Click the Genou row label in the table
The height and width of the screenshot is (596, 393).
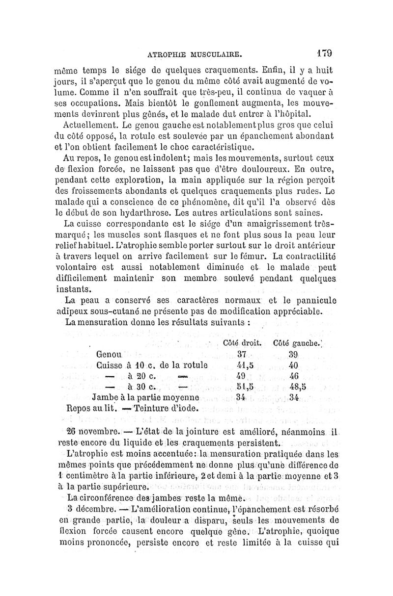pos(109,354)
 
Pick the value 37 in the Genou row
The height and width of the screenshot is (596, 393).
pos(241,354)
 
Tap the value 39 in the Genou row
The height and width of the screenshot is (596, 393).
pos(293,354)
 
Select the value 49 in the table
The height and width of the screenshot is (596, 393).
pos(241,376)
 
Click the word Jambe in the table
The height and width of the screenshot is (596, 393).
pos(104,397)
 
